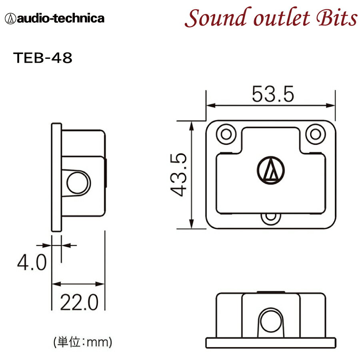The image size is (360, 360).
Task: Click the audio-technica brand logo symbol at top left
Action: pos(10,18)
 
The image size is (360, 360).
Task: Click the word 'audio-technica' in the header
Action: pos(60,18)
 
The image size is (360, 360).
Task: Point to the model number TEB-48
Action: pos(43,58)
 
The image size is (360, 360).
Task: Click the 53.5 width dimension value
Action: pos(273,94)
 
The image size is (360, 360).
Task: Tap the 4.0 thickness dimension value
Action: pos(32,263)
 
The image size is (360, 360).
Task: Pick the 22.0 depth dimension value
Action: pos(79,303)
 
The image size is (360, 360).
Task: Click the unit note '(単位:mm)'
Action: pos(82,342)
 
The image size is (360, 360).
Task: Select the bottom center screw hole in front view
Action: pos(271,217)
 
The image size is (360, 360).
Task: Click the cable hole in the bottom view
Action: pos(271,322)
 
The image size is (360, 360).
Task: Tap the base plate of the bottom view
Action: pos(271,343)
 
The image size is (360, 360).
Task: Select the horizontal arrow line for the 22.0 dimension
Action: pos(79,284)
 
